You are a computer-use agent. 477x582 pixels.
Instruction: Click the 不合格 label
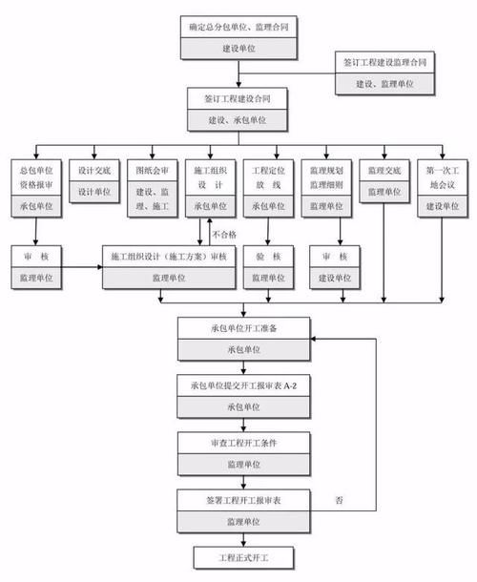[223, 233]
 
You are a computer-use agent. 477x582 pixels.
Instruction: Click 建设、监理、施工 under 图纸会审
[152, 195]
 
